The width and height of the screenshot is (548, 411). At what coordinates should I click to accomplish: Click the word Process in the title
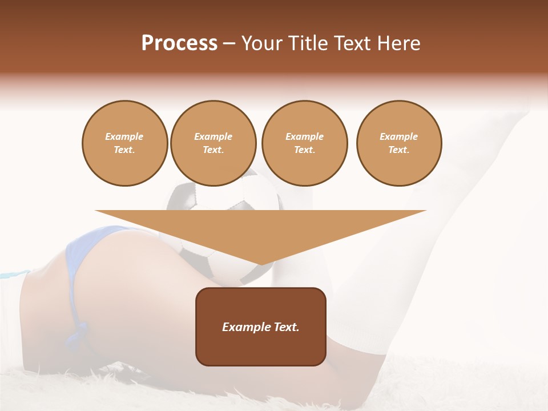pyautogui.click(x=179, y=43)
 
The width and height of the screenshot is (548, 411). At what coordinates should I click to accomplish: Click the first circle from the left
pyautogui.click(x=124, y=143)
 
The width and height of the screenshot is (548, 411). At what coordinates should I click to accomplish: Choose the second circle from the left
pyautogui.click(x=213, y=143)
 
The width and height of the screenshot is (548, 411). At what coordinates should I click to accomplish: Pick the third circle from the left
pyautogui.click(x=304, y=143)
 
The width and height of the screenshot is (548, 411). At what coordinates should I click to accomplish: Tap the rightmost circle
pyautogui.click(x=399, y=143)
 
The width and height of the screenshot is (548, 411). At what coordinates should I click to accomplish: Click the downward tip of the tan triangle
pyautogui.click(x=261, y=263)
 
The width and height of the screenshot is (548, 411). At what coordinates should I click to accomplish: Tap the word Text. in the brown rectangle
pyautogui.click(x=286, y=327)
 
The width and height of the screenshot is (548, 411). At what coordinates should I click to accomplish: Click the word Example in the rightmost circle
pyautogui.click(x=399, y=136)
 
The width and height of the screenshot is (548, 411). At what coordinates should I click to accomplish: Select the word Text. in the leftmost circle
pyautogui.click(x=124, y=150)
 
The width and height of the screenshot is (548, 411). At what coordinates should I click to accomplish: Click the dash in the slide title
pyautogui.click(x=229, y=43)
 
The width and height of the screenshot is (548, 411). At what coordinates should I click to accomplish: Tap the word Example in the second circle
pyautogui.click(x=213, y=136)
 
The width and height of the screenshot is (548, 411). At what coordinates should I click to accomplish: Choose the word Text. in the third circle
pyautogui.click(x=304, y=150)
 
